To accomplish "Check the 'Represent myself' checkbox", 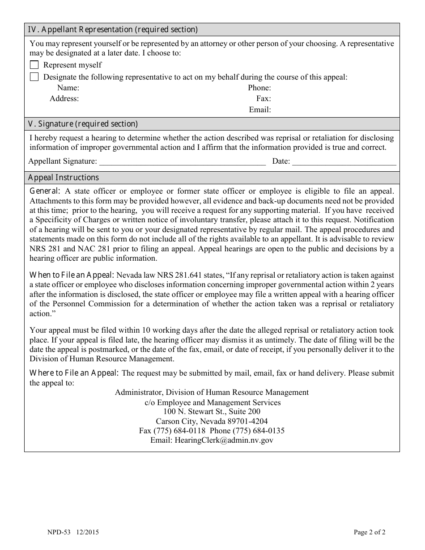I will click(34, 65).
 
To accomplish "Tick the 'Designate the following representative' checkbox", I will click(34, 76).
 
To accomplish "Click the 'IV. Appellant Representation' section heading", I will click(113, 30).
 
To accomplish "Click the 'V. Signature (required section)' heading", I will click(83, 124).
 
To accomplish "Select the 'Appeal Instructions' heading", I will click(63, 178).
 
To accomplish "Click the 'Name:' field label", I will click(68, 88).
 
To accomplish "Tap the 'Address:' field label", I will click(64, 98).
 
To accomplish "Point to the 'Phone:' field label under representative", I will click(259, 88).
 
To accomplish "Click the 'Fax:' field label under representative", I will click(263, 98).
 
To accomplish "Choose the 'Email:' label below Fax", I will click(260, 110).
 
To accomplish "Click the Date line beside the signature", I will click(344, 162).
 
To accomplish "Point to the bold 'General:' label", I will click(44, 191).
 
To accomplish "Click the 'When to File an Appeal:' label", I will click(72, 275).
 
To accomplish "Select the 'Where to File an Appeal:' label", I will click(74, 373).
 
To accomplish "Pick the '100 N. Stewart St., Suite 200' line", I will click(212, 411).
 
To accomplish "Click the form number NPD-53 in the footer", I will click(56, 532).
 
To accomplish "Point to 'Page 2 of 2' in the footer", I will click(370, 532).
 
